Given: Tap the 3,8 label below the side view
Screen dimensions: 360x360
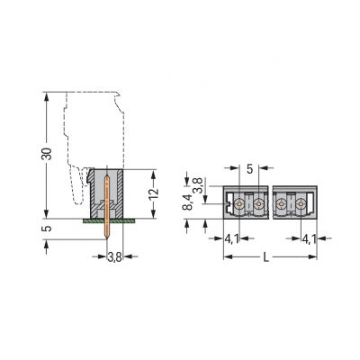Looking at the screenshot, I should [114, 257].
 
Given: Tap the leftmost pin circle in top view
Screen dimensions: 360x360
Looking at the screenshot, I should [240, 205].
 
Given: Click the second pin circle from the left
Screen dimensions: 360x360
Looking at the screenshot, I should [258, 205].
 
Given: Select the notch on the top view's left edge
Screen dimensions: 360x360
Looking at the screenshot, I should [224, 205].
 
